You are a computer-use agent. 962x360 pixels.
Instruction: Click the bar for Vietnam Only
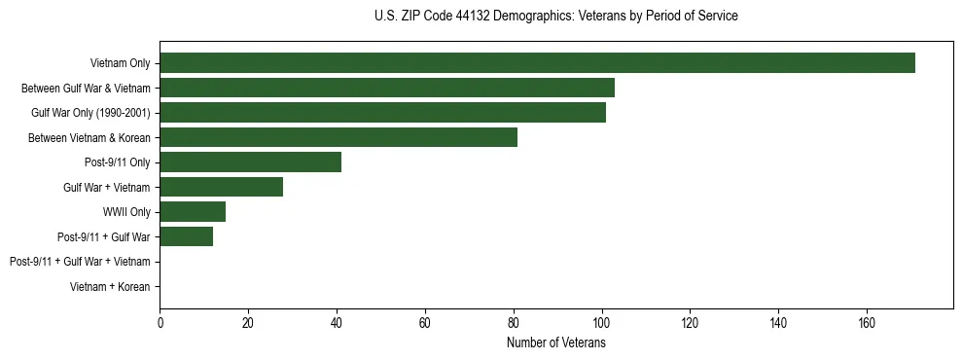[x=537, y=63]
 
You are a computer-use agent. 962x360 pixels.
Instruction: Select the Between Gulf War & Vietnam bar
[x=387, y=88]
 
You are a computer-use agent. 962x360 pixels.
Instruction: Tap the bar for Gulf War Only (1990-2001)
[x=382, y=113]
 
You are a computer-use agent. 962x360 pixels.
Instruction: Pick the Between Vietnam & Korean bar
[x=338, y=137]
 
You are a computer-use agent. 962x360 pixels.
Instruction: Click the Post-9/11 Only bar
[x=250, y=162]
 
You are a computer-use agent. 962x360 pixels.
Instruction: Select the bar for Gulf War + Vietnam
[x=221, y=187]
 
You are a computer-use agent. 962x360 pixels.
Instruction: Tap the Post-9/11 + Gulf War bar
[x=186, y=236]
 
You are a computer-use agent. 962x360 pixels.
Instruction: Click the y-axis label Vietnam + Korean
[x=110, y=287]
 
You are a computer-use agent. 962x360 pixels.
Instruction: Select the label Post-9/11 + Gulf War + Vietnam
[x=80, y=262]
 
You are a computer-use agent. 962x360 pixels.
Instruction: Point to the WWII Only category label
[x=126, y=212]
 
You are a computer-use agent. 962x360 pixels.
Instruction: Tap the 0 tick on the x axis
[x=160, y=323]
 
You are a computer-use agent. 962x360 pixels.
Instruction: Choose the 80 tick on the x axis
[x=514, y=323]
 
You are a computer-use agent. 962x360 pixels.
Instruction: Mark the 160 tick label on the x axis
[x=867, y=323]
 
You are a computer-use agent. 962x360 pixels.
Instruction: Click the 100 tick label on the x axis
[x=602, y=323]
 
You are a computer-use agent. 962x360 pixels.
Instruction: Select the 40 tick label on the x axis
[x=337, y=323]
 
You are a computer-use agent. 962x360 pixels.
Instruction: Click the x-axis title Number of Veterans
[x=555, y=342]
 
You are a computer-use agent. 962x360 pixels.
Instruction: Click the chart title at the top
[x=555, y=17]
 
